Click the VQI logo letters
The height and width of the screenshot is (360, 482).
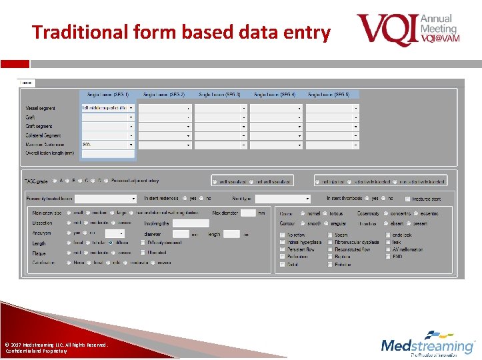point(387,30)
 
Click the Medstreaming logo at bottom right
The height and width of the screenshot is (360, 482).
point(427,345)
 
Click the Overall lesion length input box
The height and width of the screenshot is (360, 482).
point(108,153)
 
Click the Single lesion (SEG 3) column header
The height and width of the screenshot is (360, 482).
point(220,95)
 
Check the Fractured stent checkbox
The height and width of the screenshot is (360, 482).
point(407,199)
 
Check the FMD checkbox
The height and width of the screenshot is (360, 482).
point(388,256)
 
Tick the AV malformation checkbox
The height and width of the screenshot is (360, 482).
point(388,249)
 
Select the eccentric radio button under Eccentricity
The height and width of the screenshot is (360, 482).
point(417,213)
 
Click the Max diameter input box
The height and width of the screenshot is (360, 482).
point(248,213)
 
